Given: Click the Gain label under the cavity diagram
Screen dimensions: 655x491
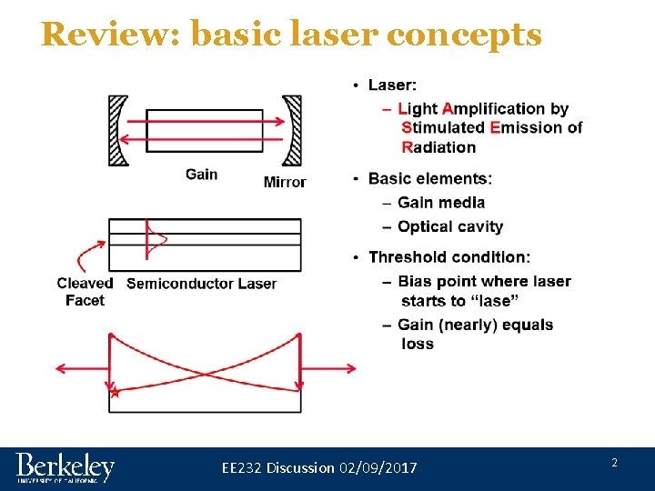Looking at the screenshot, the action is [x=201, y=174].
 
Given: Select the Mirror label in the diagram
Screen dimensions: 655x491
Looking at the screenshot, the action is [x=285, y=182].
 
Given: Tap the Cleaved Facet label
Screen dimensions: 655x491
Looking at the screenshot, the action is [x=85, y=291].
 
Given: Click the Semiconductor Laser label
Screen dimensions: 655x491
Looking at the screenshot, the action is [x=201, y=283].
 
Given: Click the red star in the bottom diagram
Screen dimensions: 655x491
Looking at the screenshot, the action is [x=115, y=393].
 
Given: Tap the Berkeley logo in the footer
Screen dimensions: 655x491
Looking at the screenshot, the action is [x=65, y=467].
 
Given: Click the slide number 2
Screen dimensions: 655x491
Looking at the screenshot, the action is [x=614, y=463].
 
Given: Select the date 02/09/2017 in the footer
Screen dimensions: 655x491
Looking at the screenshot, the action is [x=378, y=467].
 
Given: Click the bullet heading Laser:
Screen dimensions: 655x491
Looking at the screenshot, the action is [x=392, y=85].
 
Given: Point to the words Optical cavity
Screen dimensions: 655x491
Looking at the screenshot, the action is [x=450, y=226].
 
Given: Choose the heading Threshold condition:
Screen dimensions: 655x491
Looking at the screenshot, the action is [x=448, y=257].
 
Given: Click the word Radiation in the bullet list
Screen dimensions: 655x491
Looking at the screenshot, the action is [x=438, y=147].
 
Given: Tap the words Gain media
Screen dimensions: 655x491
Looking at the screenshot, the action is [x=441, y=202].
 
